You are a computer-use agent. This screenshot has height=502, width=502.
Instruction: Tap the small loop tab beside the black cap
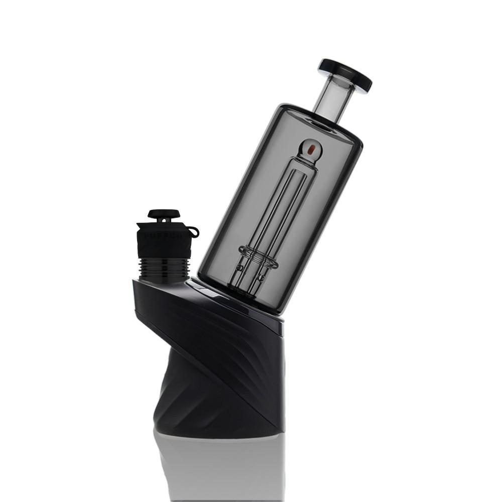pos(193,231)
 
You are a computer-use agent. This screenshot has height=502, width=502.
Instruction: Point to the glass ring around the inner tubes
pos(259,257)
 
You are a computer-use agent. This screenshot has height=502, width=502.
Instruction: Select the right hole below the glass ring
pos(260,277)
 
